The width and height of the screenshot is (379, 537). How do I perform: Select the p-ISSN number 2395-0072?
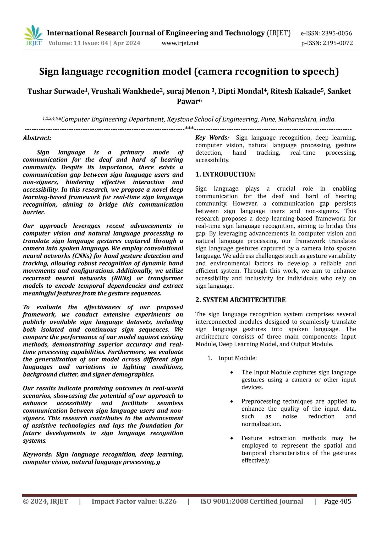click(x=338, y=43)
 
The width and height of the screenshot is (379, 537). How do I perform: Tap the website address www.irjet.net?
click(x=180, y=43)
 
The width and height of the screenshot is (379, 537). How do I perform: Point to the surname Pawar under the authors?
click(x=187, y=101)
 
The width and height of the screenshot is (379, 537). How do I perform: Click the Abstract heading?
click(x=37, y=138)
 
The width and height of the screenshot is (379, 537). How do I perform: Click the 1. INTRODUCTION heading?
click(x=226, y=174)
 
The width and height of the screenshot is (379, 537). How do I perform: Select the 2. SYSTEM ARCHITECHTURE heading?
click(x=240, y=300)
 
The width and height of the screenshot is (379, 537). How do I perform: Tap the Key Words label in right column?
click(x=212, y=138)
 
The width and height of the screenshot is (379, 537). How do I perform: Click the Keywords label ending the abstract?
click(x=38, y=454)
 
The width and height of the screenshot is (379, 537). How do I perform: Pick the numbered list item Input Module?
click(x=237, y=358)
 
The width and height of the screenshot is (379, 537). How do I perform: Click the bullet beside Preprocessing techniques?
click(x=232, y=402)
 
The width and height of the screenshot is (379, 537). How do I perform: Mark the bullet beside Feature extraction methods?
click(x=232, y=438)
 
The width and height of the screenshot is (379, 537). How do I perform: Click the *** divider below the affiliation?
click(x=189, y=128)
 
